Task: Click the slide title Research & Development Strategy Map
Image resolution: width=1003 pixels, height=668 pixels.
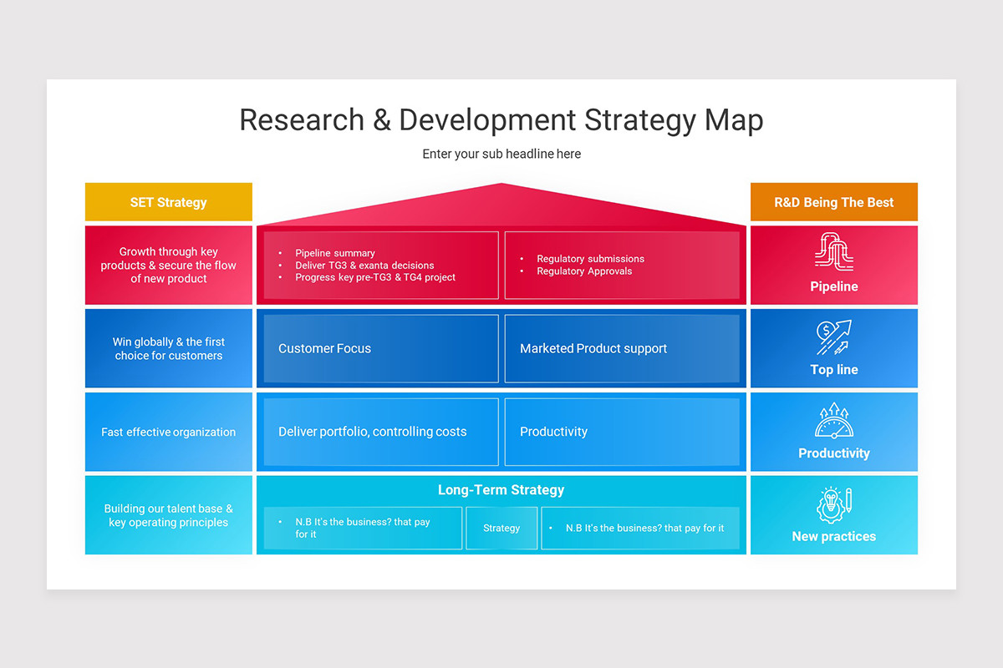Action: pos(501,120)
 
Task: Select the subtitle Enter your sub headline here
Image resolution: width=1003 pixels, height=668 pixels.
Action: pos(501,154)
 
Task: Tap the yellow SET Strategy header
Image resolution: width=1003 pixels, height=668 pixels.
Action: pos(168,202)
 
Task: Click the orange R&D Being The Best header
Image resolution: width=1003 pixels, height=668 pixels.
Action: pos(833,202)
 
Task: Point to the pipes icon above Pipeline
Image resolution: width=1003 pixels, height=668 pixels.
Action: pos(833,251)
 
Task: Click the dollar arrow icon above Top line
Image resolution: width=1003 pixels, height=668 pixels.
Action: pos(833,337)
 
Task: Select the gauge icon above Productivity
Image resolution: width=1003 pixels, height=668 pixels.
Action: pos(833,421)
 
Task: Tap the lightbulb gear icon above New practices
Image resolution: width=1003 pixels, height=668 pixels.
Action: pos(833,504)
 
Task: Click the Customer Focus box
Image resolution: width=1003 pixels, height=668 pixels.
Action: pos(381,349)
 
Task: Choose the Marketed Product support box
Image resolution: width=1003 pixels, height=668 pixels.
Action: pos(621,349)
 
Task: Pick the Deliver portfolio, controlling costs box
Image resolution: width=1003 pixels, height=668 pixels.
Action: pos(381,432)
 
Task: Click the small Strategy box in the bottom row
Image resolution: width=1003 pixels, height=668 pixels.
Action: pos(501,528)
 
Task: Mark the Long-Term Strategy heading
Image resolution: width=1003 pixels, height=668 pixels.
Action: pos(501,490)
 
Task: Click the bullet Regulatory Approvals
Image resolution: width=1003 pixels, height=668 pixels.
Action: pos(584,271)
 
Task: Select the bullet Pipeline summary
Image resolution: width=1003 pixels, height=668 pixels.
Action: pos(335,253)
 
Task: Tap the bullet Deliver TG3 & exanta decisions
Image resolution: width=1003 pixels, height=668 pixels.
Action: pos(364,266)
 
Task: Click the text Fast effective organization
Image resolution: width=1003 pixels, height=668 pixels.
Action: pos(168,433)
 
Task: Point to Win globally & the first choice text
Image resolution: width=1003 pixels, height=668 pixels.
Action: pos(168,349)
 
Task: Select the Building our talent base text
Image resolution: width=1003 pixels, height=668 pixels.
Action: pos(168,515)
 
